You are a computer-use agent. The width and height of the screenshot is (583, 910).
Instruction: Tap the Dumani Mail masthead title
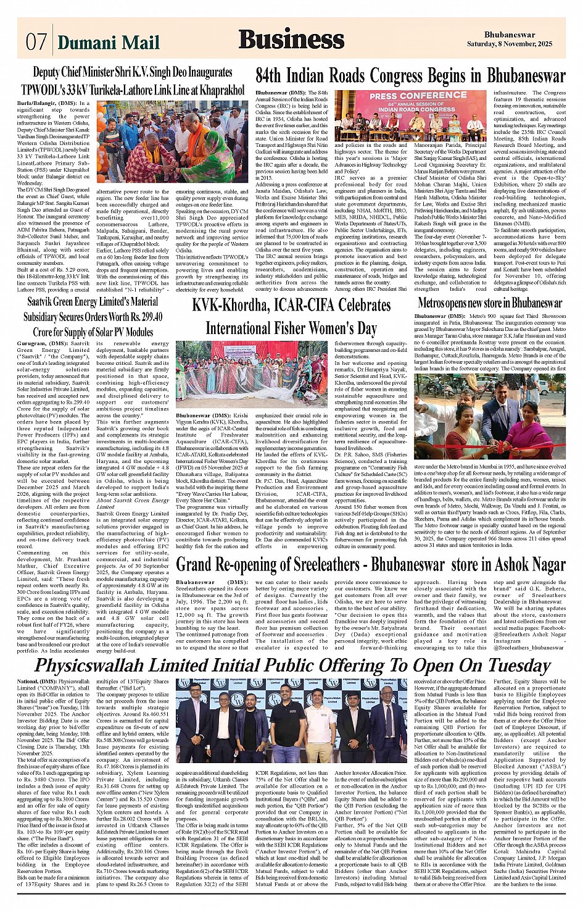pos(108,42)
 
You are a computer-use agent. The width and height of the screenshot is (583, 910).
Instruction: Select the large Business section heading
pos(291,40)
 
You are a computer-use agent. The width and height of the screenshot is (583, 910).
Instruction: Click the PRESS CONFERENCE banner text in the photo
pos(409,96)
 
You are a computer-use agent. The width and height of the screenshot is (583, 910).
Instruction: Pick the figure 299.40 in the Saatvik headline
pos(147,316)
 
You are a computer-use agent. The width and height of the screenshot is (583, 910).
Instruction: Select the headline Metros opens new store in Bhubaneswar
pos(490,303)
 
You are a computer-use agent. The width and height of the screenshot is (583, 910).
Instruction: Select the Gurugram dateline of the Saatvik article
pos(33,343)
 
